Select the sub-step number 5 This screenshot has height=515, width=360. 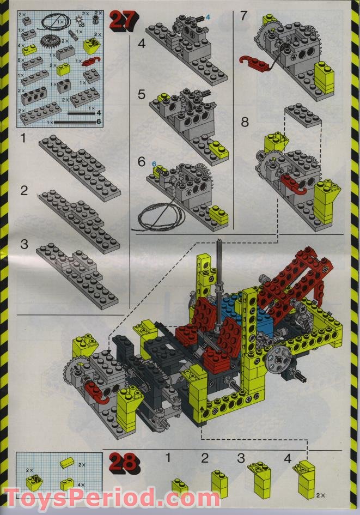[x=141, y=95]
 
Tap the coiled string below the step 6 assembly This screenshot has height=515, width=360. [x=158, y=217]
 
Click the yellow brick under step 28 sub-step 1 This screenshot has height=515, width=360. [x=179, y=487]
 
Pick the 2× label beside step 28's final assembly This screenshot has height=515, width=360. [x=320, y=495]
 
